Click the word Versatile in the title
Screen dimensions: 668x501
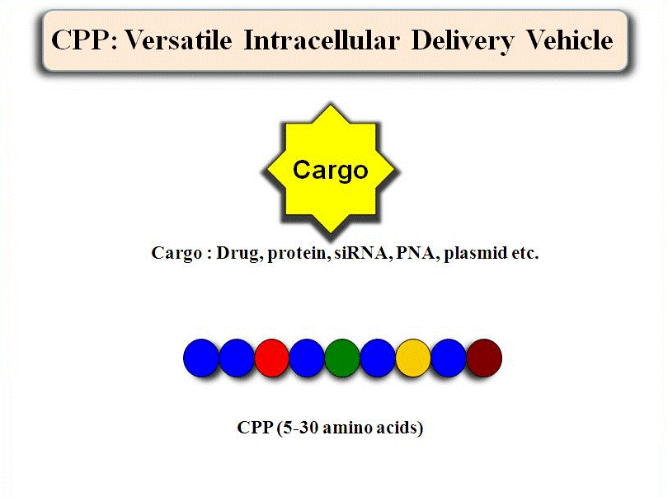click(178, 40)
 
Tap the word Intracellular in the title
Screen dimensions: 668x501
click(322, 40)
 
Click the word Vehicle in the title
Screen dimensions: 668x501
click(570, 40)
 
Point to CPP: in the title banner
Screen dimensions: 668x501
click(84, 40)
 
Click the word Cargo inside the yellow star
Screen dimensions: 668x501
click(330, 171)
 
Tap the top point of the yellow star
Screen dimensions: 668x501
click(330, 105)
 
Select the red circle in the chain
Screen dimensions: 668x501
click(272, 358)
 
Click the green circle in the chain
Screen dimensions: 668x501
click(342, 358)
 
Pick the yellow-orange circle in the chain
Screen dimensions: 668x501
click(413, 358)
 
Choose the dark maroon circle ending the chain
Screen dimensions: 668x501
click(484, 358)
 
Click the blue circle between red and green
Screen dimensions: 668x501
click(307, 358)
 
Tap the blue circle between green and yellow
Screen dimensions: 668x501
click(378, 358)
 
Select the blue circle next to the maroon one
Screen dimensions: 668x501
click(449, 358)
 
